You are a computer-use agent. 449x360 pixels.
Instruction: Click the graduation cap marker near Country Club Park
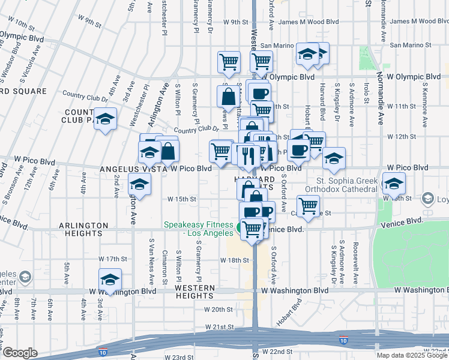pyautogui.click(x=105, y=119)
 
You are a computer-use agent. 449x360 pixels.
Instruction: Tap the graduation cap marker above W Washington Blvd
pyautogui.click(x=110, y=280)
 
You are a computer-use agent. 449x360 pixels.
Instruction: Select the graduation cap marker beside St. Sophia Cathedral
pyautogui.click(x=394, y=184)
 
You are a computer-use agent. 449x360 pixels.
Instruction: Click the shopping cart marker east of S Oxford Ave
pyautogui.click(x=308, y=206)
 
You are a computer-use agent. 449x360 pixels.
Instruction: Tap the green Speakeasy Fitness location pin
pyautogui.click(x=240, y=227)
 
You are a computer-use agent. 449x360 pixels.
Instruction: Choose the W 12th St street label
pyautogui.click(x=406, y=137)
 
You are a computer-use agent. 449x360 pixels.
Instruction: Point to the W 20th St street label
pyautogui.click(x=218, y=310)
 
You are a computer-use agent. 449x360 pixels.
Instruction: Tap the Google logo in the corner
pyautogui.click(x=20, y=352)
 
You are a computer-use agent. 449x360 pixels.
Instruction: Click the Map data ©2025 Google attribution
pyautogui.click(x=412, y=355)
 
